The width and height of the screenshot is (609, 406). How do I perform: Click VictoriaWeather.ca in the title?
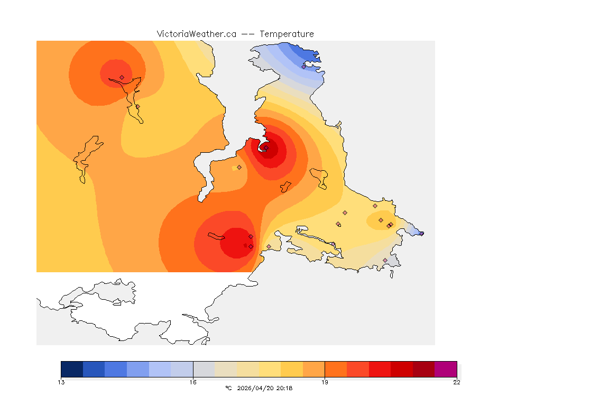[x=196, y=34]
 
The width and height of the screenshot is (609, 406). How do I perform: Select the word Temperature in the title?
[x=287, y=34]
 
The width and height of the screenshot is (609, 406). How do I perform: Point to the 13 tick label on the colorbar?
[x=61, y=382]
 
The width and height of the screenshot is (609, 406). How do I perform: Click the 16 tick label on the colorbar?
[x=193, y=382]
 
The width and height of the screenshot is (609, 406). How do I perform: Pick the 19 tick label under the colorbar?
[x=325, y=382]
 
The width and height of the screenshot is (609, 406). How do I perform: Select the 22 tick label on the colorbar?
[x=456, y=382]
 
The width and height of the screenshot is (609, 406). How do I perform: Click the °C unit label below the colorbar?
[x=228, y=388]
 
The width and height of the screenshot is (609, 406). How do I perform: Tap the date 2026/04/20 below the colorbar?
[x=257, y=388]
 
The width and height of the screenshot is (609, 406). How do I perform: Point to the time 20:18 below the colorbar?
[x=284, y=388]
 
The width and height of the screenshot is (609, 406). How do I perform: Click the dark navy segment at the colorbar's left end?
[x=72, y=368]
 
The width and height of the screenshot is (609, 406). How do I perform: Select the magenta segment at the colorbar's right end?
[x=445, y=368]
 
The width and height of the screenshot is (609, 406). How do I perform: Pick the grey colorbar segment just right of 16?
[x=204, y=368]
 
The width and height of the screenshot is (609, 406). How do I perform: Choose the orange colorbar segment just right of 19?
[x=336, y=368]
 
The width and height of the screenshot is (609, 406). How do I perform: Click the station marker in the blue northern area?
[x=303, y=67]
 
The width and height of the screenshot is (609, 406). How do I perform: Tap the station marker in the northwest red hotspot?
[x=122, y=77]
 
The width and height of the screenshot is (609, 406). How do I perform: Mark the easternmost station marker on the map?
[x=421, y=233]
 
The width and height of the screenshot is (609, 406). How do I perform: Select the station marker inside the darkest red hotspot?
[x=266, y=148]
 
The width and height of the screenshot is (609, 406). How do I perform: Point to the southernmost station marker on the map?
[x=385, y=260]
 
